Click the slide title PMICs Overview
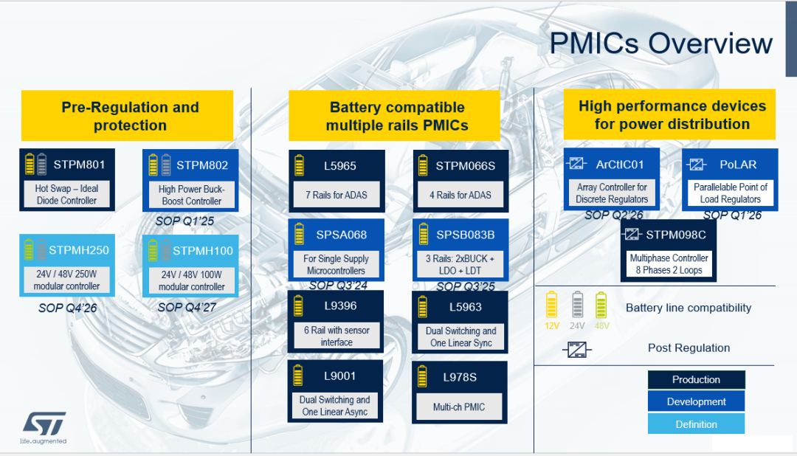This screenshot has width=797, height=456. [x=660, y=44]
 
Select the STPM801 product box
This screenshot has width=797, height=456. [x=66, y=180]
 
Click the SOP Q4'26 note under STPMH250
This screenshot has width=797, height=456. [x=68, y=308]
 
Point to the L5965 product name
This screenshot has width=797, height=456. [x=340, y=166]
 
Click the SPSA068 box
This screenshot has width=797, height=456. [x=336, y=249]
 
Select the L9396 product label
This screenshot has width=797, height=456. [x=340, y=305]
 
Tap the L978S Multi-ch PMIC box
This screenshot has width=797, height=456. [x=460, y=392]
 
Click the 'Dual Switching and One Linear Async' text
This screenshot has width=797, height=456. [x=335, y=406]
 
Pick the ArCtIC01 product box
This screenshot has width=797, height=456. [x=612, y=179]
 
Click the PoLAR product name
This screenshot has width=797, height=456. [x=738, y=165]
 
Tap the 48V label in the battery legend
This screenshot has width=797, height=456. [x=601, y=325]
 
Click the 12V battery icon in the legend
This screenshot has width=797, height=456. [x=551, y=304]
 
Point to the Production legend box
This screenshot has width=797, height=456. [x=696, y=380]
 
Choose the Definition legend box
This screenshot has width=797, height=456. [x=696, y=424]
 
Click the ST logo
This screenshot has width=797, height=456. [x=44, y=424]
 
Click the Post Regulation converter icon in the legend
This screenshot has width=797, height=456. [x=576, y=348]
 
